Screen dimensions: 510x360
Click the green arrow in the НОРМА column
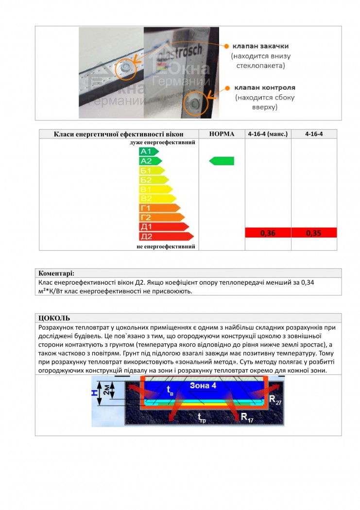point(222,161)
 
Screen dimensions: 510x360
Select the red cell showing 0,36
point(268,233)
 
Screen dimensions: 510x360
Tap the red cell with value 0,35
point(314,233)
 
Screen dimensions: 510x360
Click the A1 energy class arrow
point(149,152)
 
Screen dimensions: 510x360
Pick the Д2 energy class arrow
point(166,236)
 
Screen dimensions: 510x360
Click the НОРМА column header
point(222,134)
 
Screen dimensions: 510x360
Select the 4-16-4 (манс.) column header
point(268,134)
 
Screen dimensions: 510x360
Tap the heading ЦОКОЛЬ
point(54,318)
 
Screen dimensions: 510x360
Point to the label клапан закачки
point(260,46)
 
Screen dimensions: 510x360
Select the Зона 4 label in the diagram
point(203,386)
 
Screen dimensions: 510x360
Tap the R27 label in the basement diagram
point(275,400)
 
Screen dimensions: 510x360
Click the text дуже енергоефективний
point(162,143)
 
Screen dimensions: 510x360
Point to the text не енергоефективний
point(166,246)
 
